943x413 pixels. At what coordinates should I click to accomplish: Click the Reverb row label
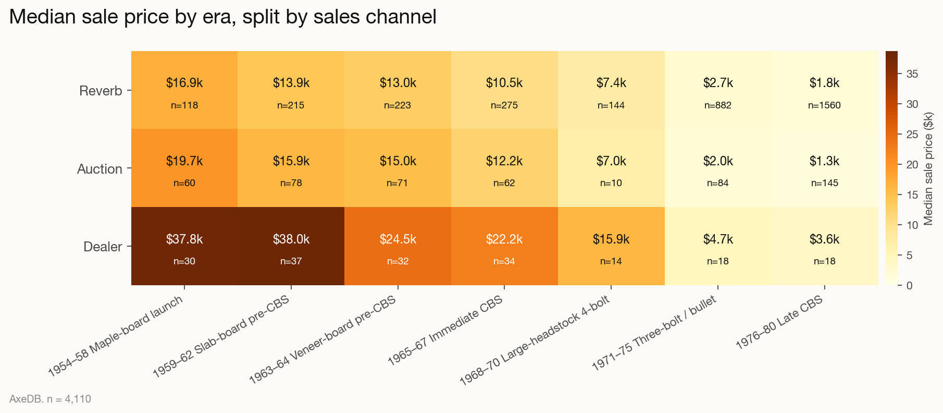click(x=101, y=91)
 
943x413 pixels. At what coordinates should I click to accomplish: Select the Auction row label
click(x=100, y=169)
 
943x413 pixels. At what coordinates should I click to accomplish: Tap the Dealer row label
click(x=103, y=247)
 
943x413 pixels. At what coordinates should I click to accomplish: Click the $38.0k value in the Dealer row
click(x=291, y=239)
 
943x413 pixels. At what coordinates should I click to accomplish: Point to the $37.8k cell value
click(x=184, y=239)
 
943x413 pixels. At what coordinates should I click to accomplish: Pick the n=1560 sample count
click(x=824, y=105)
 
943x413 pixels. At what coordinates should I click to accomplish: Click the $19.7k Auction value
click(x=184, y=161)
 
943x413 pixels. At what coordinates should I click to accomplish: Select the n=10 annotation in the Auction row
click(x=611, y=184)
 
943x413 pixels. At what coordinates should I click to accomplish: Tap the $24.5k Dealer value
click(x=398, y=239)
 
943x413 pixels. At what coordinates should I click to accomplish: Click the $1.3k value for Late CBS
click(x=824, y=161)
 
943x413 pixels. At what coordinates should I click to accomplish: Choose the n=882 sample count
click(x=717, y=105)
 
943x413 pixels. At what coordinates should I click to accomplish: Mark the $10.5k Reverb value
click(x=504, y=83)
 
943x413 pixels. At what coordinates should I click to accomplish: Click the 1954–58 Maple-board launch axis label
click(x=116, y=336)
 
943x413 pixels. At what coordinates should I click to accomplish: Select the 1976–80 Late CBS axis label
click(x=778, y=322)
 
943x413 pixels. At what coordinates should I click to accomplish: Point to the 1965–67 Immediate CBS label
click(x=445, y=331)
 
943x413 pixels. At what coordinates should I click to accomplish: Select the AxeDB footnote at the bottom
click(x=50, y=399)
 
